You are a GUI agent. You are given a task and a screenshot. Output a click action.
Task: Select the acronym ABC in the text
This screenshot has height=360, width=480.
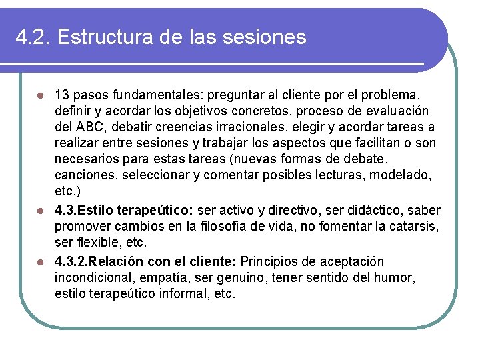[89, 127]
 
